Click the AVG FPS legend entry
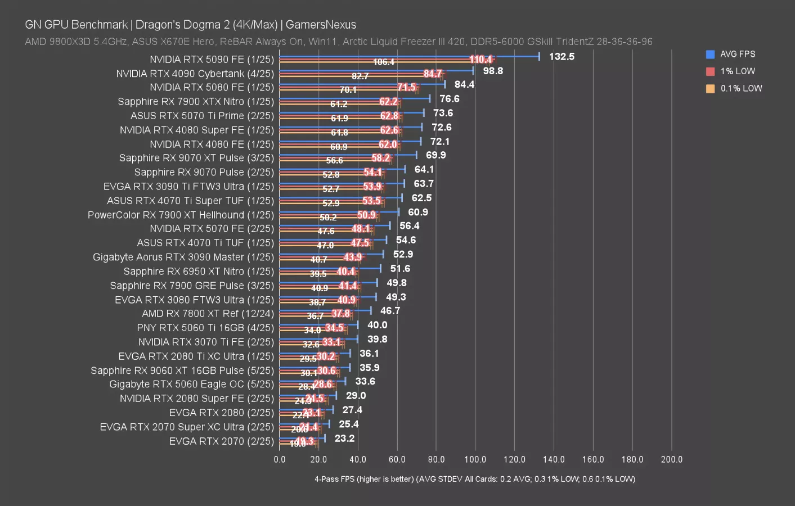click(737, 54)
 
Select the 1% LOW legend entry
click(737, 71)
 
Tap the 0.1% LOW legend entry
click(740, 88)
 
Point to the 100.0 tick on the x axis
click(475, 459)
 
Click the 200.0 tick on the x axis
click(671, 459)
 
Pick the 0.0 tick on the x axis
click(280, 459)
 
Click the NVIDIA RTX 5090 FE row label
click(212, 60)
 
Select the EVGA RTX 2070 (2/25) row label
click(221, 441)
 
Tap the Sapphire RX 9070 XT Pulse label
click(196, 158)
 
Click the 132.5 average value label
click(562, 57)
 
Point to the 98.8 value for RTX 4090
click(493, 71)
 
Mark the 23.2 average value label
click(344, 439)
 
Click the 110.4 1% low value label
click(480, 60)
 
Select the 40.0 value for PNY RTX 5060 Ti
click(377, 325)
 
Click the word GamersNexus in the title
click(321, 25)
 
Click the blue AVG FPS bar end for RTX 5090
click(538, 56)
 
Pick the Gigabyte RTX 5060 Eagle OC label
click(191, 385)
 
